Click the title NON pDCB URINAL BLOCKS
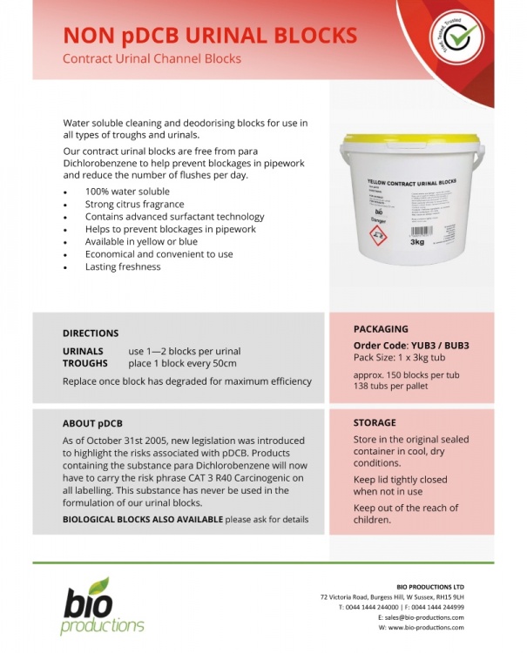point(210,35)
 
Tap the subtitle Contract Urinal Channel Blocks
point(152,59)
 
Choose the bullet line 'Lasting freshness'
point(123,266)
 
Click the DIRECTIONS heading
point(91,333)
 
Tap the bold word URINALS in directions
point(84,350)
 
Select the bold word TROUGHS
point(85,363)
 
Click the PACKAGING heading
point(381,329)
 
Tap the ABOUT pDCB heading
point(92,424)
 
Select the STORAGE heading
point(375,423)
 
